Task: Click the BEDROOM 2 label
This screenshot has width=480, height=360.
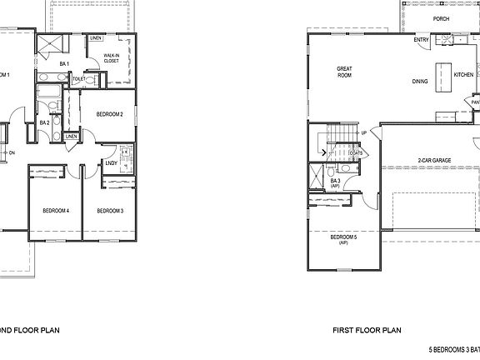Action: [x=110, y=114]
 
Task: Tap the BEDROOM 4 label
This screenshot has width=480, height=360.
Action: [x=55, y=211]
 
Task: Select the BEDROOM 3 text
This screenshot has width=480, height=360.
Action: [x=110, y=211]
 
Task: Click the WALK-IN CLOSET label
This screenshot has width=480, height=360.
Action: [x=112, y=58]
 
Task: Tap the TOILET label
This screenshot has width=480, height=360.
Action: [x=79, y=79]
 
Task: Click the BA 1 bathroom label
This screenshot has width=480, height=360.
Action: [x=63, y=63]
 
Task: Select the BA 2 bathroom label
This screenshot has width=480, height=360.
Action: [x=44, y=122]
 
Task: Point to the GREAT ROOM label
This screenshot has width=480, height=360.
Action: [x=345, y=72]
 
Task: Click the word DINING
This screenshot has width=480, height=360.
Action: [x=420, y=82]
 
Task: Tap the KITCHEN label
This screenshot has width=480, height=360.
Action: [x=463, y=74]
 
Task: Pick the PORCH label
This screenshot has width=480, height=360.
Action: [x=442, y=18]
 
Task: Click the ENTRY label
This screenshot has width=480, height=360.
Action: [x=421, y=39]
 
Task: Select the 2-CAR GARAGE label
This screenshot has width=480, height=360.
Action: [x=435, y=160]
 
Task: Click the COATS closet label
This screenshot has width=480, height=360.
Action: [x=354, y=152]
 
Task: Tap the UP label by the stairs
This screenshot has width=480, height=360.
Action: [x=364, y=132]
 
